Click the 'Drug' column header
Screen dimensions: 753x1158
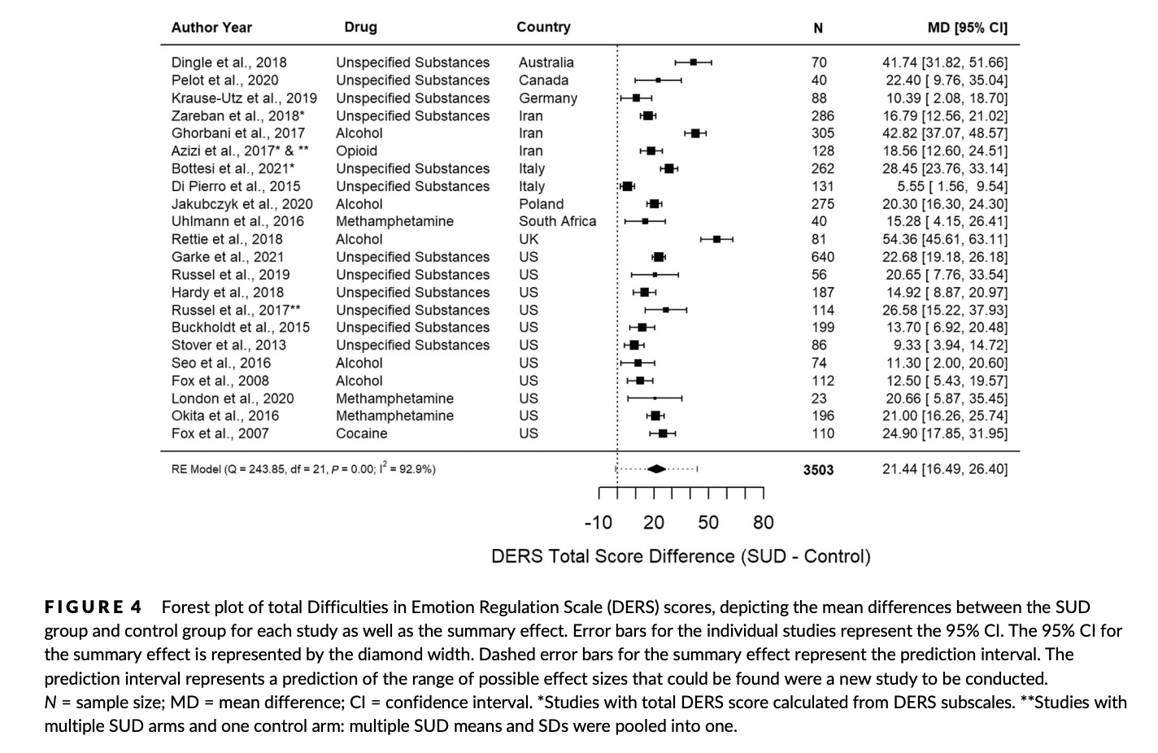tap(360, 27)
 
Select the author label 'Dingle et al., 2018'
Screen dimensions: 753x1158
tap(229, 63)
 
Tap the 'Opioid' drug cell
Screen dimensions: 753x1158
tap(356, 150)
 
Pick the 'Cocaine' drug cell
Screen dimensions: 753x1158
tap(361, 433)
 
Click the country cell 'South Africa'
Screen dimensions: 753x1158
tap(557, 221)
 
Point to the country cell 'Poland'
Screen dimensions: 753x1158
tap(541, 204)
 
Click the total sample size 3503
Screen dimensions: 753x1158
tap(818, 469)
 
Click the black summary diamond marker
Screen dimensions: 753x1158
tap(656, 469)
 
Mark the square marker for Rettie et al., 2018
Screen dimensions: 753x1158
tap(716, 239)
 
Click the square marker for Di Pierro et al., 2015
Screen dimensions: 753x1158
tap(627, 186)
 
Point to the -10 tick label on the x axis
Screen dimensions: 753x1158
tap(598, 523)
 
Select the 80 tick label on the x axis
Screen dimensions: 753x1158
tap(763, 523)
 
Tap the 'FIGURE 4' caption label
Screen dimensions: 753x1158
tap(93, 607)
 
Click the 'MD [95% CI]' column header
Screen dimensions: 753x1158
tap(967, 28)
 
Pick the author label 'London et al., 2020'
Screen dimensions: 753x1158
tap(232, 398)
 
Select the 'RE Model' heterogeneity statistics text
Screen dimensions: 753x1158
tap(303, 469)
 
